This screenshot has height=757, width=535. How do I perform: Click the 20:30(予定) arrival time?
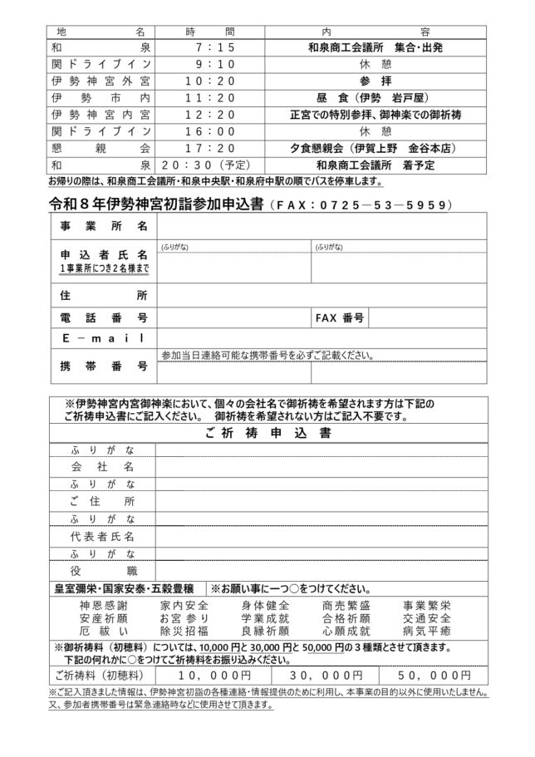209,164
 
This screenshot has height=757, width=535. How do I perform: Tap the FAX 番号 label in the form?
340,317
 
